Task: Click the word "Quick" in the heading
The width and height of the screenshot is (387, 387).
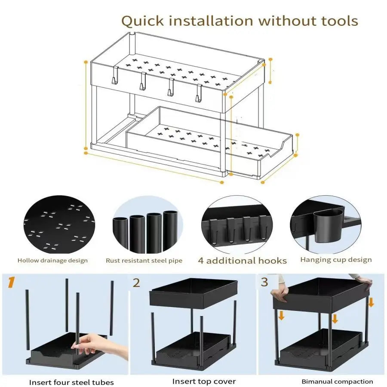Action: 143,21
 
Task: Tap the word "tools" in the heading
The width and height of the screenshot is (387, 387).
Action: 339,21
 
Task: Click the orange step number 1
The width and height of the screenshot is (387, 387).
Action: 11,282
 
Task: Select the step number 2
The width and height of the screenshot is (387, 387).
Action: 136,283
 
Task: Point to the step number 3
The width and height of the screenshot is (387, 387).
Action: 264,282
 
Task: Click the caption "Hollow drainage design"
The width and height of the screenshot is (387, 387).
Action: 52,261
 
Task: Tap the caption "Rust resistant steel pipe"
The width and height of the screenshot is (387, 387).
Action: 144,261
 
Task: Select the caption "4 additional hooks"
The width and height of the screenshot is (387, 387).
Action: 243,261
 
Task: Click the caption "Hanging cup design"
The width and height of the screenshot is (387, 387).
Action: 336,260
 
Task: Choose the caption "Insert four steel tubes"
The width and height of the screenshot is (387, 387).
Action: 71,382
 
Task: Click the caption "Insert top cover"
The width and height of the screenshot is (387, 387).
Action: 204,381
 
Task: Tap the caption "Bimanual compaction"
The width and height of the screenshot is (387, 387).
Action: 337,381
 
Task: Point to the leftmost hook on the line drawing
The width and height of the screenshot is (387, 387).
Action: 115,76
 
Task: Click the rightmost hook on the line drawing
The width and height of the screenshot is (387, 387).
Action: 199,93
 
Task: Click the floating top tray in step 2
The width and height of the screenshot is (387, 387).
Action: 193,293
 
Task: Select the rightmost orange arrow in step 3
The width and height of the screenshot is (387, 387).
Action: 371,302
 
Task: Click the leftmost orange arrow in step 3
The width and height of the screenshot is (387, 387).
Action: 281,315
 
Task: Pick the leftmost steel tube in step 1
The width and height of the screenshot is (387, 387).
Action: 28,320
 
